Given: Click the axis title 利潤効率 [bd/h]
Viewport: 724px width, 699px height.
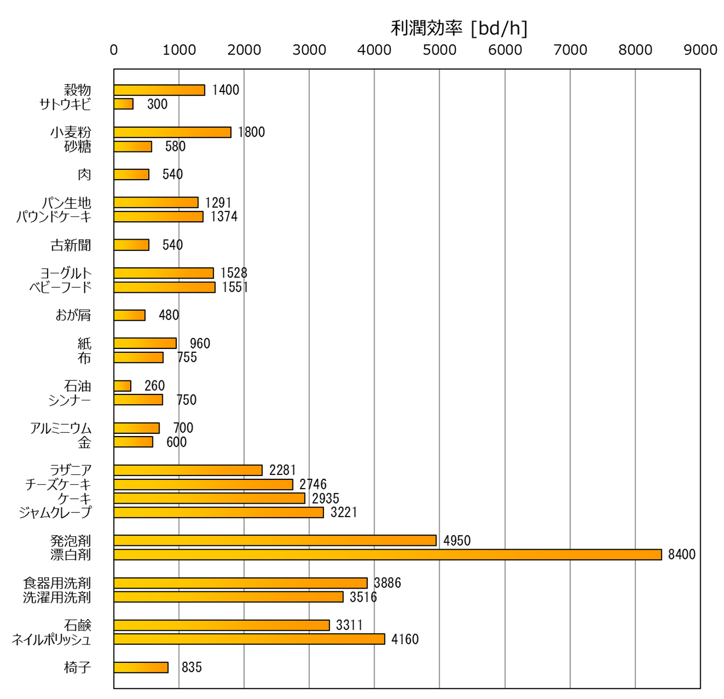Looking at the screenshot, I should pos(459,28).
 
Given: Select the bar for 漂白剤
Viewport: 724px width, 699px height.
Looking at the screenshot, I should pos(387,555).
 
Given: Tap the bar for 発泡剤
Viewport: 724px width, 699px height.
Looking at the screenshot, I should pos(275,540).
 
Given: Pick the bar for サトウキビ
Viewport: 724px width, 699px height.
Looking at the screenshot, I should pos(123,104).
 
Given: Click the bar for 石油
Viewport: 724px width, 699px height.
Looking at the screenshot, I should pos(122,386).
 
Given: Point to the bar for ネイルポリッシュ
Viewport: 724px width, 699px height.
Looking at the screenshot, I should pos(249,639).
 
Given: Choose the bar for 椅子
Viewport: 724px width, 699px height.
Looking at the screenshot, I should pos(141,668).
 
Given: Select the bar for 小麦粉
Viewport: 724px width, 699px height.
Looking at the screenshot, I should pos(172,132).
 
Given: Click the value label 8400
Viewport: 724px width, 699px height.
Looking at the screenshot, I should pos(681,555).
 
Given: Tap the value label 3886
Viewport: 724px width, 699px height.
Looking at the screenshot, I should pos(387,583).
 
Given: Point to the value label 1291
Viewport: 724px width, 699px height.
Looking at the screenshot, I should pos(218,203).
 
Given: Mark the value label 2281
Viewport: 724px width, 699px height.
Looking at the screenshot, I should pos(282,470).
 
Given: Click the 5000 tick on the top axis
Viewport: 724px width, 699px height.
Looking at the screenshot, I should pos(440,50).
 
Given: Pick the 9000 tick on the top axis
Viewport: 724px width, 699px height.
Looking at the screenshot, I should pos(700,50).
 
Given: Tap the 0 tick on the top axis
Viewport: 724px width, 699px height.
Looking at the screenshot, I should pos(114,50).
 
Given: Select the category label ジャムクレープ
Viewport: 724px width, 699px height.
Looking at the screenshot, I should pos(55,512).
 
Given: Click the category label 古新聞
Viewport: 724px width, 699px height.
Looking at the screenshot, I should pos(71,245).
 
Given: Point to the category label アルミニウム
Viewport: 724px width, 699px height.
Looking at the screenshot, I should pos(61,428).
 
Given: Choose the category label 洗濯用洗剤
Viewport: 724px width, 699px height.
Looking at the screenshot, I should pos(57,597).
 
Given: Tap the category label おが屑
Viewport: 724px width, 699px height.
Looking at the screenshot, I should pos(73,315).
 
